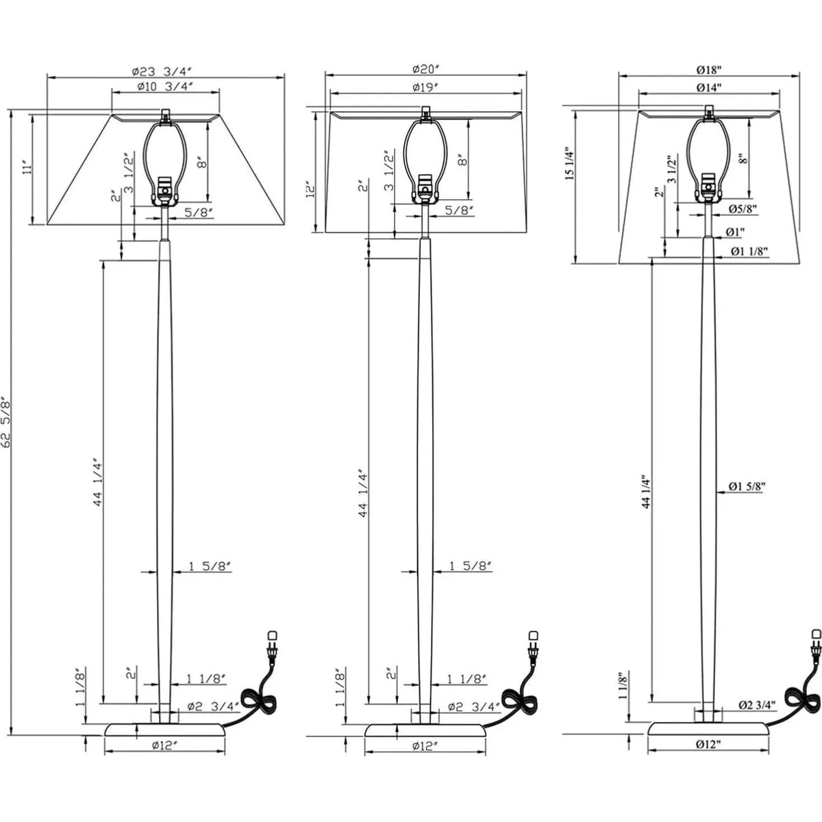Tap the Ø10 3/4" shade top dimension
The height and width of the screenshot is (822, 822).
tap(165, 86)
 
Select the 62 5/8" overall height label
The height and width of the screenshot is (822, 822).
tap(7, 422)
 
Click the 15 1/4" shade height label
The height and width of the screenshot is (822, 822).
tap(567, 165)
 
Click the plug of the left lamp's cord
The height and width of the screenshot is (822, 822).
tap(272, 638)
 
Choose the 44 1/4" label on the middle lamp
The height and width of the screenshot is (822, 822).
tap(364, 491)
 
